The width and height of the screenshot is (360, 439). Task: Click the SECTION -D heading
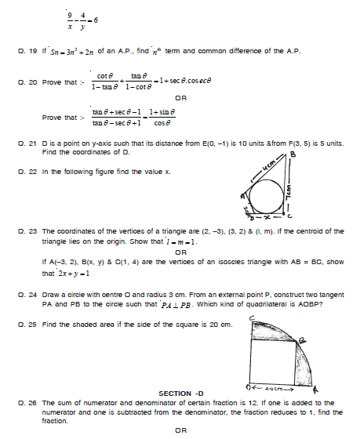(x=181, y=394)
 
